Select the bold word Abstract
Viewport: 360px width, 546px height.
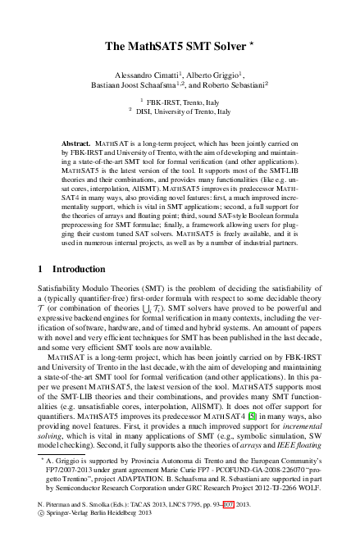click(x=76, y=142)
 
